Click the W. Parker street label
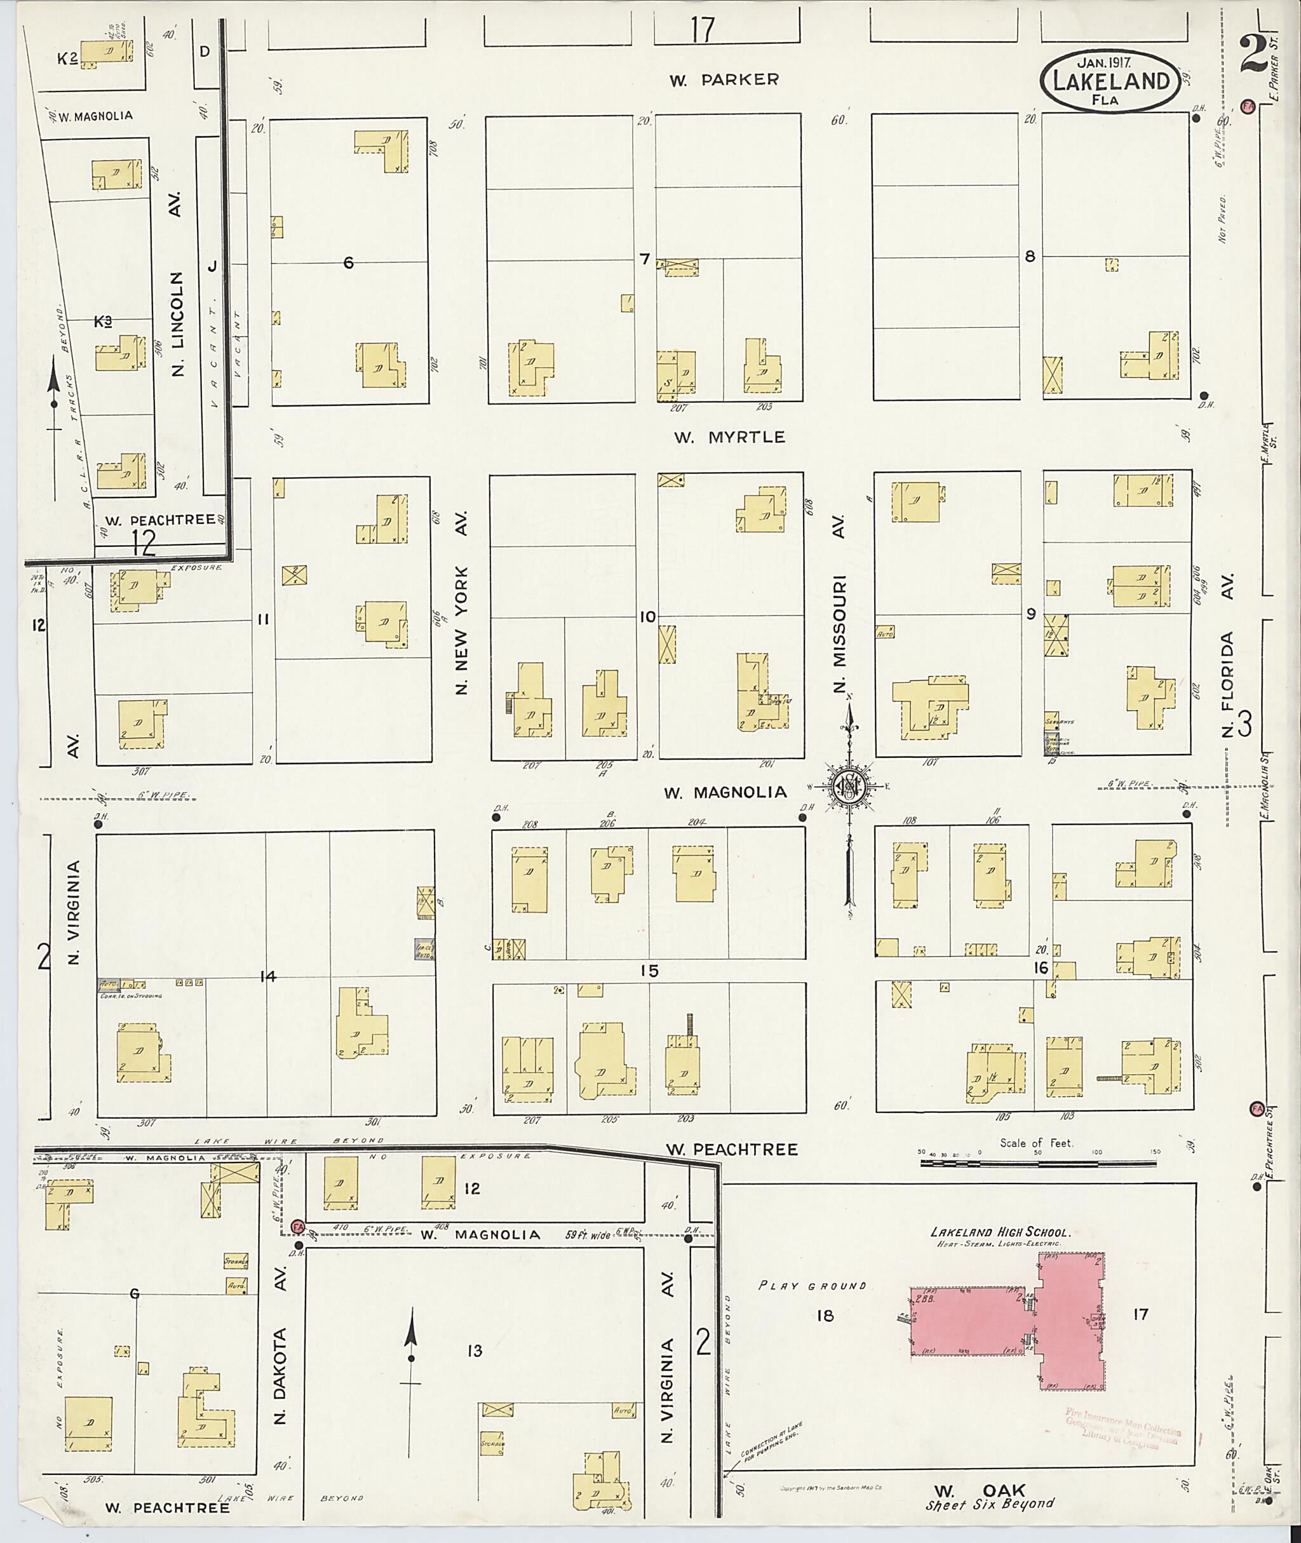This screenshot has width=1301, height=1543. pos(724,79)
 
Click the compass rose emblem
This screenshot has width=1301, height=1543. pos(848,788)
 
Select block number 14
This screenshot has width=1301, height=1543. pos(267,976)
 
